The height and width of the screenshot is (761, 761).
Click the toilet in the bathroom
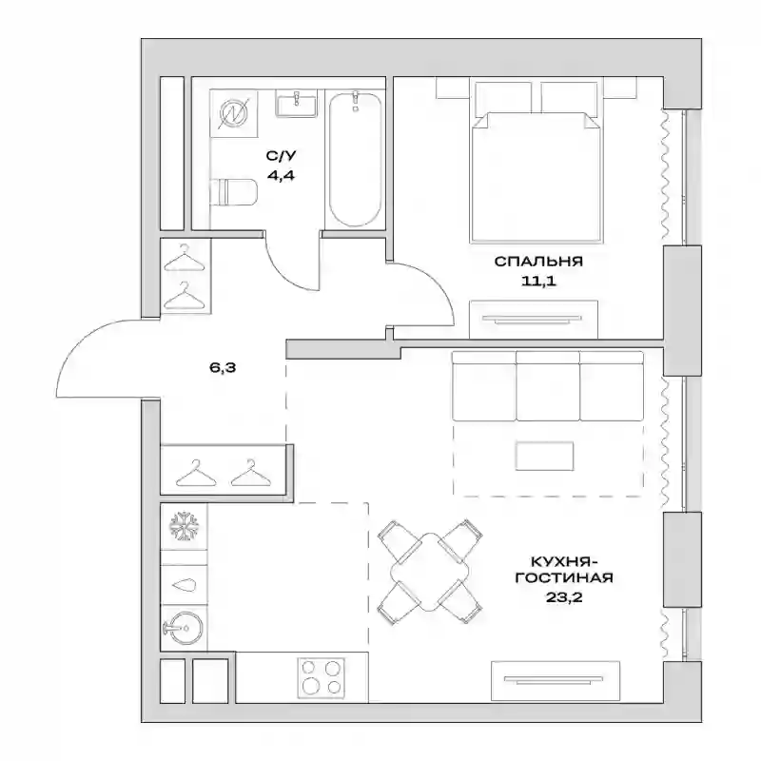(234, 192)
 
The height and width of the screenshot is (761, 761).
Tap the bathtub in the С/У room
(355, 159)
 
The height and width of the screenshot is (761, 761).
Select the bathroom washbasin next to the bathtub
(296, 104)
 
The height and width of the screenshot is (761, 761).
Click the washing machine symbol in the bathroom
(233, 113)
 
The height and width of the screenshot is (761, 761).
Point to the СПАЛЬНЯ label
(538, 262)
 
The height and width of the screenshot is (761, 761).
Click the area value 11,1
(538, 281)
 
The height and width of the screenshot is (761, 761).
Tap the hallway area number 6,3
(223, 368)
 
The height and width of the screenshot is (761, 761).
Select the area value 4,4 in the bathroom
(281, 175)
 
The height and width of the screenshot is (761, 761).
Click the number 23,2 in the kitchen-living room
(564, 597)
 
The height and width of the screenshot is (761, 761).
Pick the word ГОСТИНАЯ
(564, 577)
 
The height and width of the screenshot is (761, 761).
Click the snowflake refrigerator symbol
(184, 527)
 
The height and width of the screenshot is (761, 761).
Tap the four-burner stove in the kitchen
(321, 677)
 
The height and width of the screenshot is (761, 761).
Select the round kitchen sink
(184, 629)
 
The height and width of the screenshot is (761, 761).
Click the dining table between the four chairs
(430, 572)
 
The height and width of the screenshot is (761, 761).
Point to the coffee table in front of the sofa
(544, 456)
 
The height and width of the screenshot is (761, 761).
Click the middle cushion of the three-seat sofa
(548, 386)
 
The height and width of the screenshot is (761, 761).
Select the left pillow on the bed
(503, 98)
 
